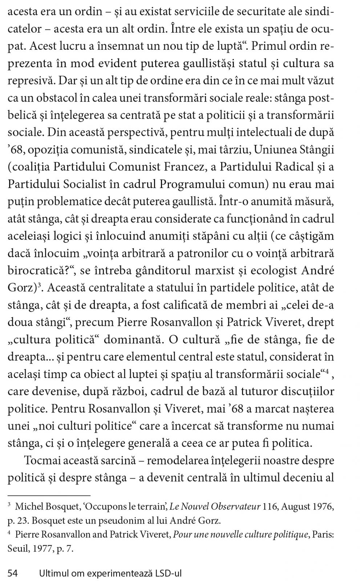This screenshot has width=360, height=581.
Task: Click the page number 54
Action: point(13,574)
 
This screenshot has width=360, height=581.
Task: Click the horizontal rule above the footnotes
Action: point(49,495)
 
